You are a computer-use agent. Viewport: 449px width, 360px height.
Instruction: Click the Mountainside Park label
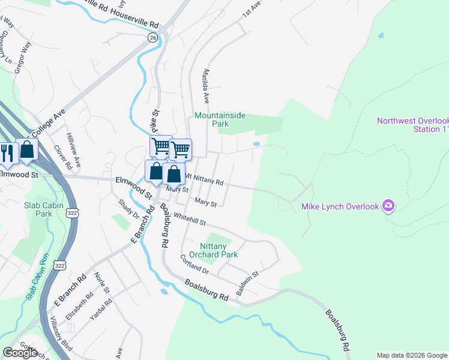point(212,119)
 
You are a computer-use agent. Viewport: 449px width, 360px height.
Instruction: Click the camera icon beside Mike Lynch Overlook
point(388,206)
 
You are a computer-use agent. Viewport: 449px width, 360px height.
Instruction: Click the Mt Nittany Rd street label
point(204,179)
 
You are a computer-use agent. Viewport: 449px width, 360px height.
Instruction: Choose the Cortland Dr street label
point(194,263)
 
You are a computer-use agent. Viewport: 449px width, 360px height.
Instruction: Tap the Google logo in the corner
point(20,353)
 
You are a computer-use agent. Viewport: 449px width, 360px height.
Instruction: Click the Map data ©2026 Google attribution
point(412,355)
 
